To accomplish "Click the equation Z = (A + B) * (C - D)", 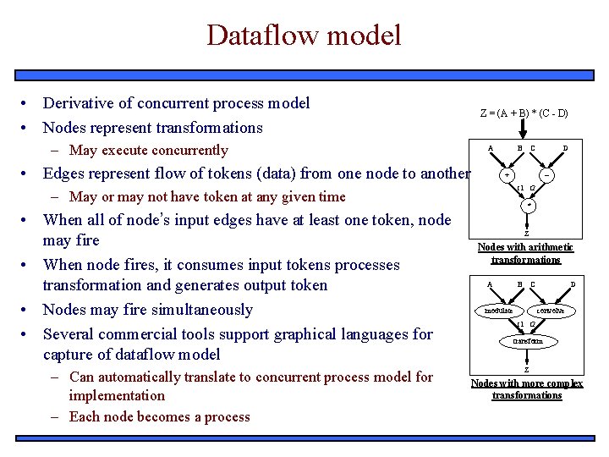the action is click(524, 113).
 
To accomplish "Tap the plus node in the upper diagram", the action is click(506, 176).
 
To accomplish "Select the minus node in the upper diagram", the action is click(548, 176).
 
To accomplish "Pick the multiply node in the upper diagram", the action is click(528, 205).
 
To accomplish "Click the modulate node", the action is click(498, 311).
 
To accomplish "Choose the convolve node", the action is click(551, 311).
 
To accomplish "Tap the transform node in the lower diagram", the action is click(527, 341).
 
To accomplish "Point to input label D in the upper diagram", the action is click(565, 149).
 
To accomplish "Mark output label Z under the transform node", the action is click(526, 370).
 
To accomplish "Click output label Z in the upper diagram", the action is click(526, 234).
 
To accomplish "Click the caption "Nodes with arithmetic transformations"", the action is click(525, 253).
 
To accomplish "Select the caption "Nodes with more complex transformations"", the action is click(526, 389).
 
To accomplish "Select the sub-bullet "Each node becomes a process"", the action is click(160, 416).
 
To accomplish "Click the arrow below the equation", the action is click(524, 129).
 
